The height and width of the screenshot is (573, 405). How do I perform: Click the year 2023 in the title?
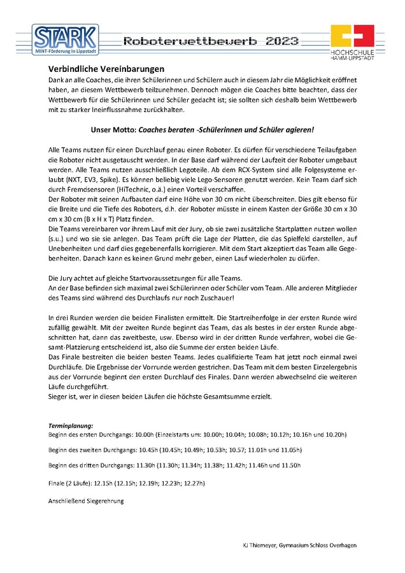tap(281, 41)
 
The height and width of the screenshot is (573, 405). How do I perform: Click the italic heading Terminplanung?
tap(71, 425)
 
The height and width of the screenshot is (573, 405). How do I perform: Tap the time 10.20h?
tap(334, 434)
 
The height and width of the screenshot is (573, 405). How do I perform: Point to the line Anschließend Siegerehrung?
tap(86, 501)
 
